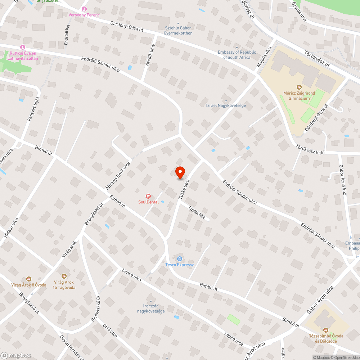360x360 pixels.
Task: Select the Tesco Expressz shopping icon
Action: (x=179, y=258)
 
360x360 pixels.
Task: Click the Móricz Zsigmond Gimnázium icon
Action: (x=299, y=87)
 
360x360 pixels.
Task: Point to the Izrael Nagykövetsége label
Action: (x=226, y=105)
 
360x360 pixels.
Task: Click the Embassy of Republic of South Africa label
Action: (x=237, y=55)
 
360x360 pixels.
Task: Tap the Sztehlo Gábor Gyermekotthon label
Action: (x=178, y=31)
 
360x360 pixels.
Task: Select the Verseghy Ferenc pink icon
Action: (x=84, y=9)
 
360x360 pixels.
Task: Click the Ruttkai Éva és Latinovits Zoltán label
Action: (x=23, y=56)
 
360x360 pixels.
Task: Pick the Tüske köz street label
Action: (x=197, y=212)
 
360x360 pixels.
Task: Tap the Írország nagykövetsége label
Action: (x=151, y=309)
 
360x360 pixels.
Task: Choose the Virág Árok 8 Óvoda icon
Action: (x=28, y=279)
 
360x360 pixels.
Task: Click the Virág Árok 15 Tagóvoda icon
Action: (x=64, y=276)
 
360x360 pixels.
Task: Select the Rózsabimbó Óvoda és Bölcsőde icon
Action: (x=326, y=330)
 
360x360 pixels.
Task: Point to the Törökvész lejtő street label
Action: (x=310, y=149)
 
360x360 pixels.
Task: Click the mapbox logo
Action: (x=16, y=355)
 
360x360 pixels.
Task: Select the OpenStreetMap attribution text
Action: (x=344, y=357)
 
